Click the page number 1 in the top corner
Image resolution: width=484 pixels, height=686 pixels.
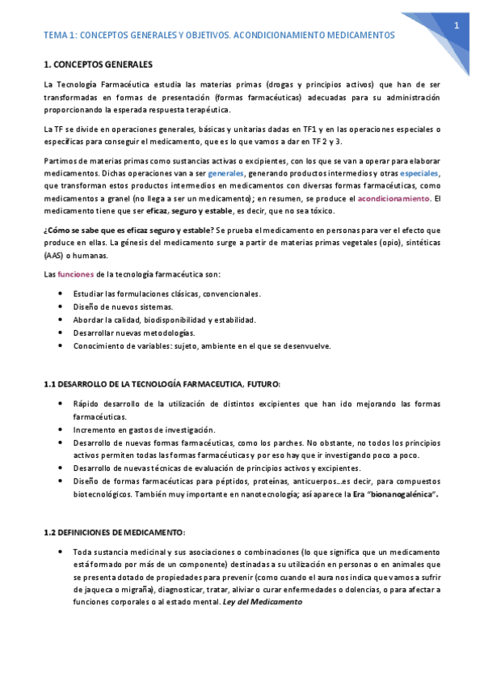tap(457, 27)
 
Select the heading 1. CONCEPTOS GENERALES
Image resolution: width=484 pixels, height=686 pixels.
tap(96, 64)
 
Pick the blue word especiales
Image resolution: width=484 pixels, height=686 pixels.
tap(419, 174)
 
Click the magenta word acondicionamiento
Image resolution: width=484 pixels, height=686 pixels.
tap(394, 198)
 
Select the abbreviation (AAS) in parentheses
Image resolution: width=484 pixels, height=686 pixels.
tap(53, 256)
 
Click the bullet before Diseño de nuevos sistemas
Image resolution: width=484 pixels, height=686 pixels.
tap(63, 307)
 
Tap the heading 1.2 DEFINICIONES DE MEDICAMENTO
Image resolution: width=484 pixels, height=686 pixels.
tap(114, 532)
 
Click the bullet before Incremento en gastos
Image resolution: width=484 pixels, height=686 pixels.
tap(63, 430)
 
